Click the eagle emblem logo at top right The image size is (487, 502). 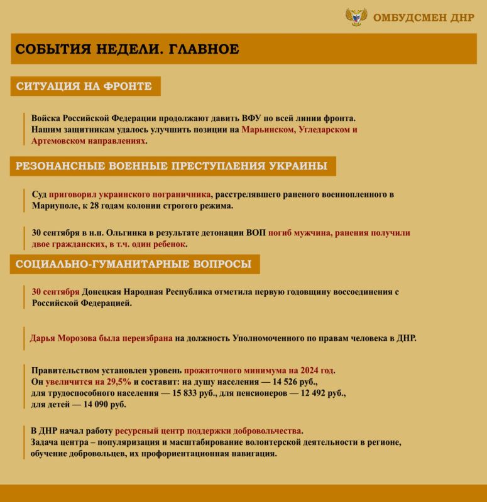click(x=356, y=17)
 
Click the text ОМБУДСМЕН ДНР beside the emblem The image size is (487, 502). click(x=424, y=18)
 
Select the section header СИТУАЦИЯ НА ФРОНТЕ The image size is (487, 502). click(x=84, y=86)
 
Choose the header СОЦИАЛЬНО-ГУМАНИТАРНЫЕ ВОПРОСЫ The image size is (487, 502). click(x=134, y=264)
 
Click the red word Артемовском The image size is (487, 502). click(x=57, y=141)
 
